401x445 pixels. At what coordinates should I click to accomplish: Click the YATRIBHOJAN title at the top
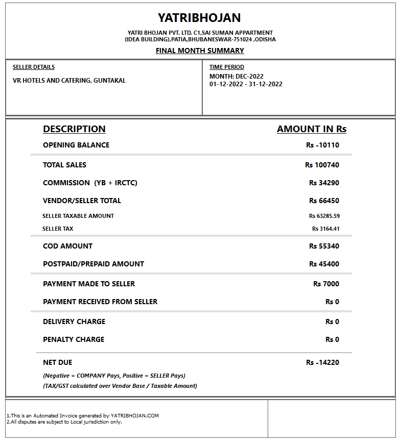coord(199,18)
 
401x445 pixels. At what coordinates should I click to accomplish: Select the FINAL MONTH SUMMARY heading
coord(200,51)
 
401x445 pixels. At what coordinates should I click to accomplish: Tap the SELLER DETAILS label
coord(34,67)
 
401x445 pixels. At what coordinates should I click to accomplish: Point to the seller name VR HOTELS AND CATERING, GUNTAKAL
coord(69,81)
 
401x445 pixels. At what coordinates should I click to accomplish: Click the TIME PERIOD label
coord(227,67)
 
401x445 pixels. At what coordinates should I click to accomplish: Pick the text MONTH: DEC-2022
coord(237,77)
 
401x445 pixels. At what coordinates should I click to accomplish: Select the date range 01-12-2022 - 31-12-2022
coord(246,84)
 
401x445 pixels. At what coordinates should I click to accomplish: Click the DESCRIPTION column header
coord(74,129)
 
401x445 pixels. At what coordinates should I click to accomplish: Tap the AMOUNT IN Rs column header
coord(312,129)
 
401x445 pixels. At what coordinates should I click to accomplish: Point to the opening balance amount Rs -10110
coord(322,145)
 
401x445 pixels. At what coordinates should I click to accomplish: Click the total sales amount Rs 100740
coord(322,165)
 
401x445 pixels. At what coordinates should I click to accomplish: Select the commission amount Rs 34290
coord(324,183)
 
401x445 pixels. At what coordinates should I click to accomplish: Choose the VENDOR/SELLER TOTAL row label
coord(82,201)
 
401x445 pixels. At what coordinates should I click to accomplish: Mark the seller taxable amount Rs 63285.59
coord(324,216)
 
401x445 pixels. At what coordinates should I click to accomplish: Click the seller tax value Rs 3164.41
coord(325,229)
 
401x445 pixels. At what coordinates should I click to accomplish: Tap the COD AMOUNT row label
coord(67,246)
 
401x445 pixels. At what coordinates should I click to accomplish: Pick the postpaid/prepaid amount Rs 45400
coord(324,264)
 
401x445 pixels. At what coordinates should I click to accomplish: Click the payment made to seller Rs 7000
coord(326,284)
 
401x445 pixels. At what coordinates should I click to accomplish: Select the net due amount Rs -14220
coord(322,362)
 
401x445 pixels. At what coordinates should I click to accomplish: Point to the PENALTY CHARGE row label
coord(74,339)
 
